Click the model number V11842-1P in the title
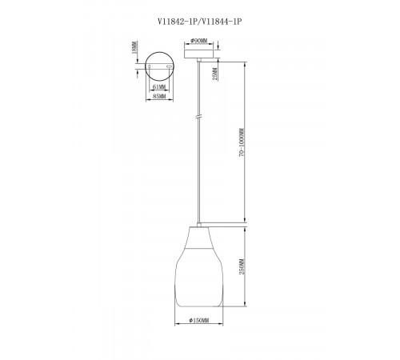click(177, 22)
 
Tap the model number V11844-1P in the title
click(221, 22)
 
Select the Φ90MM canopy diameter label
click(199, 41)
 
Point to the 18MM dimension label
click(135, 47)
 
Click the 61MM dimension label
click(159, 87)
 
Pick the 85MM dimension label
click(159, 96)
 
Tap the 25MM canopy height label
click(215, 74)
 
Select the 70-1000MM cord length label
click(242, 142)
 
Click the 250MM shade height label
click(242, 266)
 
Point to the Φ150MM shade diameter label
click(199, 320)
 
